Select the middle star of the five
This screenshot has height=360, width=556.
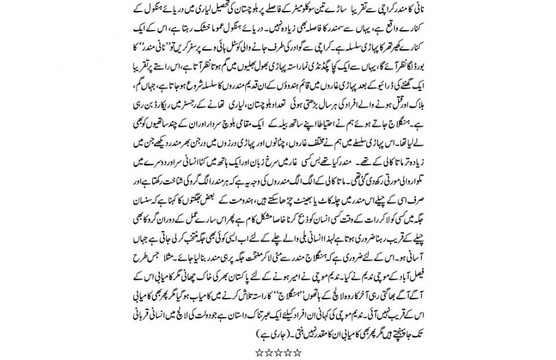278,352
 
